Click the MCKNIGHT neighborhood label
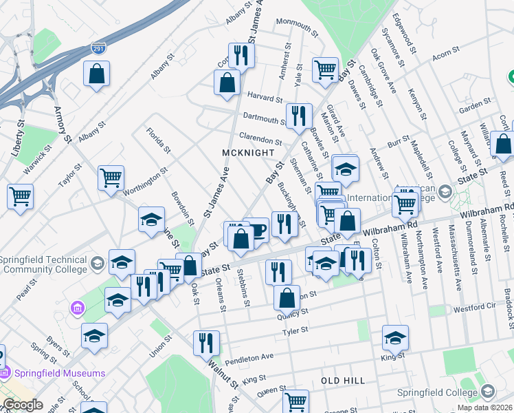click(x=248, y=152)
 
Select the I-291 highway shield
click(x=98, y=49)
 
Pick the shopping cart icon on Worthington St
click(x=111, y=178)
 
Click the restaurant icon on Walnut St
click(x=206, y=341)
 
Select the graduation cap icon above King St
click(x=395, y=337)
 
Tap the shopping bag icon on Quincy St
click(x=287, y=298)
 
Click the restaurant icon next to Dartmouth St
click(x=298, y=115)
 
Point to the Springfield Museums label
click(x=58, y=373)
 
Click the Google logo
click(x=23, y=405)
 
